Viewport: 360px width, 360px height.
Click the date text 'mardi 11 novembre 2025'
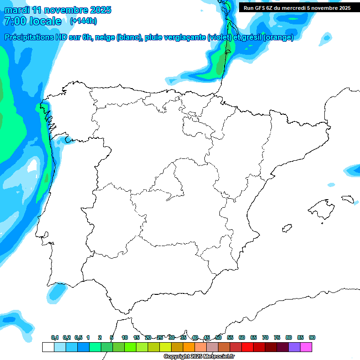pos(58,10)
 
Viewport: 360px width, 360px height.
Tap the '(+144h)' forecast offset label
pos(83,21)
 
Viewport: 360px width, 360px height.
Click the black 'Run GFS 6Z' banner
pos(297,8)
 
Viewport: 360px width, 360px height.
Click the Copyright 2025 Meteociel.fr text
pos(198,357)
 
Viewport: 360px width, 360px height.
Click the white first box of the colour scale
pos(48,347)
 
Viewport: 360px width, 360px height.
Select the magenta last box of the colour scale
pos(306,347)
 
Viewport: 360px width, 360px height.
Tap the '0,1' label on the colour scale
pos(55,338)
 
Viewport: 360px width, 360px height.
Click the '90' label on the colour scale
pos(312,338)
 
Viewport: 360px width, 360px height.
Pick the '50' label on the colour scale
pos(218,338)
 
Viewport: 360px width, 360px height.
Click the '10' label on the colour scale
pos(125,338)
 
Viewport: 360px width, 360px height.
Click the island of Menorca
pos(348,199)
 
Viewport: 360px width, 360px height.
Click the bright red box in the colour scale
pos(247,347)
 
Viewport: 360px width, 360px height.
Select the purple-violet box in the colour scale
pos(294,347)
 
